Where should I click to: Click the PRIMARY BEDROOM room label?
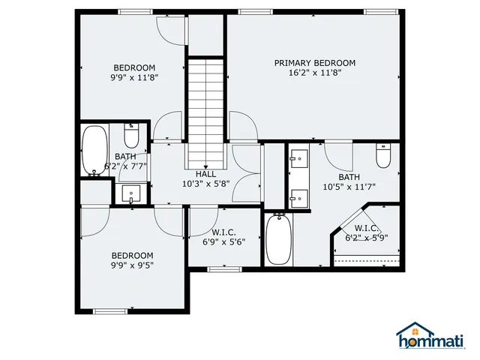pyautogui.click(x=314, y=63)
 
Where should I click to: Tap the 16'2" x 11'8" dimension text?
pyautogui.click(x=314, y=73)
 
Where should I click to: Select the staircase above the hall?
pyautogui.click(x=205, y=112)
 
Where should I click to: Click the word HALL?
pyautogui.click(x=205, y=174)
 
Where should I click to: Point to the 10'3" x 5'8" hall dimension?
pyautogui.click(x=205, y=184)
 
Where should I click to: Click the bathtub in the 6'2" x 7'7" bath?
pyautogui.click(x=94, y=151)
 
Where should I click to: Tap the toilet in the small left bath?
pyautogui.click(x=131, y=136)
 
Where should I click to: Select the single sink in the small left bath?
pyautogui.click(x=131, y=194)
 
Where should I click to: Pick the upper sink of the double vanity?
pyautogui.click(x=298, y=159)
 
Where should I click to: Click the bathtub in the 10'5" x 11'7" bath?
pyautogui.click(x=277, y=239)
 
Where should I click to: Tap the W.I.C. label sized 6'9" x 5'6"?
pyautogui.click(x=225, y=232)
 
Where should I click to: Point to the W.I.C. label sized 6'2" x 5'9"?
pyautogui.click(x=366, y=228)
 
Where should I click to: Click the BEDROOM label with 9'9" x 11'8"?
pyautogui.click(x=134, y=66)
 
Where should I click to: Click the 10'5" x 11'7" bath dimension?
pyautogui.click(x=348, y=187)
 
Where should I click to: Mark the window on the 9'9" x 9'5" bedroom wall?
pyautogui.click(x=109, y=311)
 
